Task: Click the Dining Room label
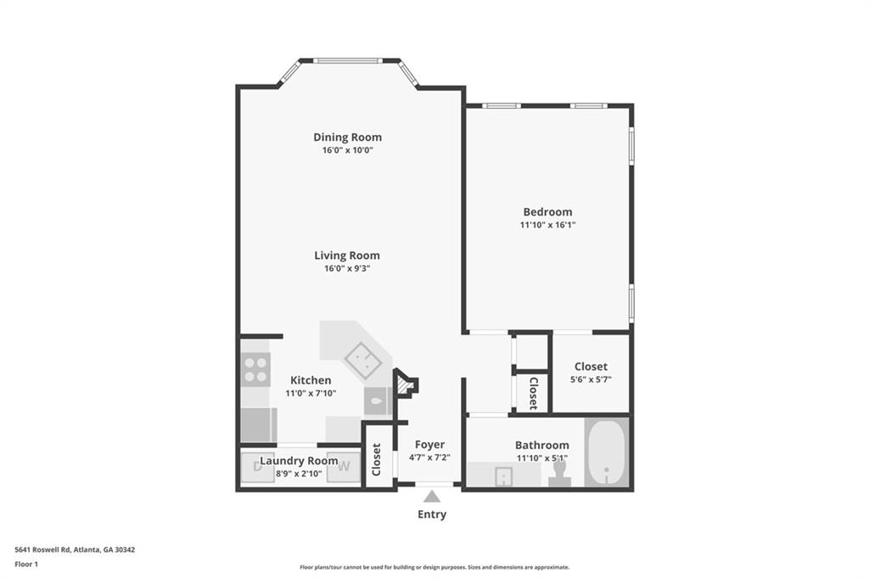point(347,137)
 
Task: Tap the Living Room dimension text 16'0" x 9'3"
point(347,268)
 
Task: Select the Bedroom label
point(547,211)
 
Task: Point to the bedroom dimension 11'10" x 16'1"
point(547,225)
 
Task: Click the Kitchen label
point(311,380)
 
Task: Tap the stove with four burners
point(255,369)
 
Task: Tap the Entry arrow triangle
point(431,497)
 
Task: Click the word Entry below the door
point(431,514)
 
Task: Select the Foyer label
point(429,445)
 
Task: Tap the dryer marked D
point(257,465)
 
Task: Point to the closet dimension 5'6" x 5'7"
point(591,380)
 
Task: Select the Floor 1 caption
point(26,564)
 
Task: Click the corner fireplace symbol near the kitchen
point(406,385)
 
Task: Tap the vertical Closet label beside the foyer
point(377,459)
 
